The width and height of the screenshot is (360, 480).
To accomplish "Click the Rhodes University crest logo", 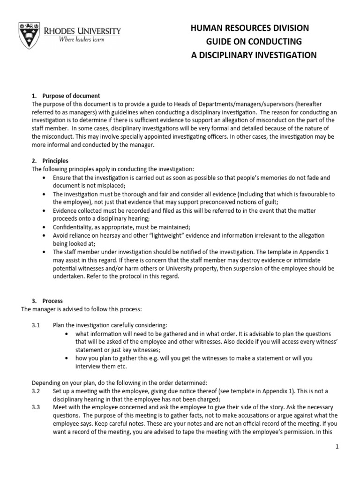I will pyautogui.click(x=28, y=35).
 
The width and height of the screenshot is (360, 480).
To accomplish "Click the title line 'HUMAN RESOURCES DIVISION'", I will pyautogui.click(x=249, y=29).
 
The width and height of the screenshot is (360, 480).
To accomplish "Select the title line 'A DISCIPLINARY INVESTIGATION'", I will pyautogui.click(x=254, y=55).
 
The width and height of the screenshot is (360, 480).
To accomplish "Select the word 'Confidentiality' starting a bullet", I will pyautogui.click(x=72, y=226).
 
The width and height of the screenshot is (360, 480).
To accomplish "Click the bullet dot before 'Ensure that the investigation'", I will pyautogui.click(x=44, y=178).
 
